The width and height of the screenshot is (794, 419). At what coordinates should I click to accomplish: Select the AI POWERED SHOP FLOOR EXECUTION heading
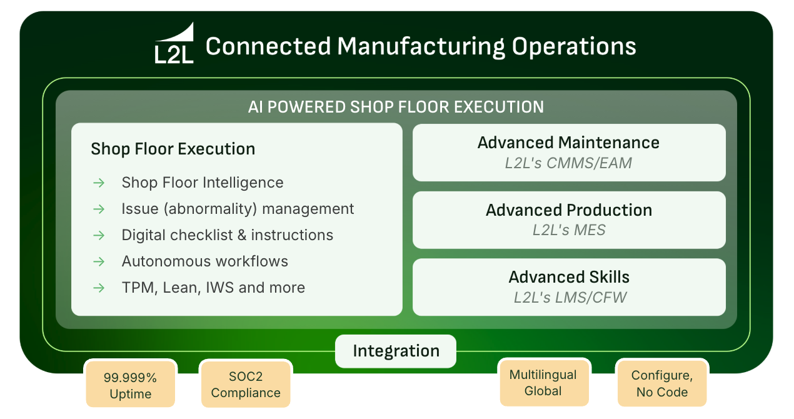[x=396, y=107]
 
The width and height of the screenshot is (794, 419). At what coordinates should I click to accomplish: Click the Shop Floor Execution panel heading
[x=173, y=149]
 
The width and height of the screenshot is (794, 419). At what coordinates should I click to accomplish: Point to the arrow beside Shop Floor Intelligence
[x=99, y=183]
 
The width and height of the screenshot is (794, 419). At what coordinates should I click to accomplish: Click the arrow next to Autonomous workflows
[x=99, y=261]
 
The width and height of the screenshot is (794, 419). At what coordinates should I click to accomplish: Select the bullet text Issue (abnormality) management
[x=238, y=209]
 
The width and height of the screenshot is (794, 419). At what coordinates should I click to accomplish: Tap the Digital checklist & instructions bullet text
[x=228, y=235]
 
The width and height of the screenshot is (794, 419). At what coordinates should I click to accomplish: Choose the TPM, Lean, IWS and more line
[x=213, y=288]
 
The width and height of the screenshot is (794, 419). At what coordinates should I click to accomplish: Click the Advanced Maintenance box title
[x=568, y=143]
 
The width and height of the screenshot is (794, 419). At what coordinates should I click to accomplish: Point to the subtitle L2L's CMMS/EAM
[x=568, y=164]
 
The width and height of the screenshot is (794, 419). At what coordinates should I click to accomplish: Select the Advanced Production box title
[x=568, y=210]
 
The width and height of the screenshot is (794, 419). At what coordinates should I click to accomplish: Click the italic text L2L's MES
[x=569, y=230]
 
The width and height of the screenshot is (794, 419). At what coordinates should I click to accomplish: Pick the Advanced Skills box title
[x=569, y=277]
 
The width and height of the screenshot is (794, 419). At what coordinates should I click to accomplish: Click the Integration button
[x=396, y=351]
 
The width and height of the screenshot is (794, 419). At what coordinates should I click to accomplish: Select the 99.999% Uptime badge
[x=131, y=385]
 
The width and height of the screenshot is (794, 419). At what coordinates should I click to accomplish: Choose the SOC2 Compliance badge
[x=245, y=385]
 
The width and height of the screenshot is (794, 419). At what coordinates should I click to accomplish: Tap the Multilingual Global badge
[x=543, y=383]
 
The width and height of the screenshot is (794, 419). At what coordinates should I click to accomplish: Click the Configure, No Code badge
[x=661, y=383]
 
